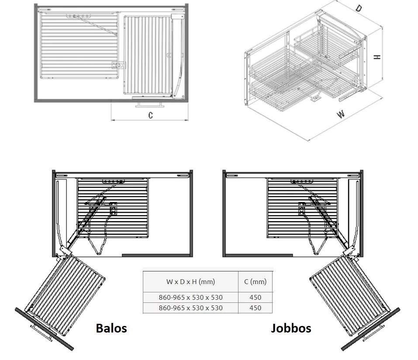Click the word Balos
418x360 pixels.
[x=111, y=328]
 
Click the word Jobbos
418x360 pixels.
[x=291, y=328]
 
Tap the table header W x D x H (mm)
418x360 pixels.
[x=190, y=282]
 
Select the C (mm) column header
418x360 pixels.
[x=255, y=282]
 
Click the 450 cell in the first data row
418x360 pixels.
[x=255, y=297]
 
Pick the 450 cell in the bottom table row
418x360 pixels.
[x=255, y=308]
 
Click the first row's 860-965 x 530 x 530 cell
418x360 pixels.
[x=190, y=297]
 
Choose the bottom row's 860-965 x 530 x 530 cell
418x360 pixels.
[x=190, y=308]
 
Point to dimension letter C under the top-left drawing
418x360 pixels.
[x=151, y=115]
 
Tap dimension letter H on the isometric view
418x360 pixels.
[x=377, y=57]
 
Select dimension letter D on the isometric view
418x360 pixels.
[x=359, y=8]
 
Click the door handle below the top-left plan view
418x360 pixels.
[x=149, y=104]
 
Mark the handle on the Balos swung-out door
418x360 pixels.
[x=41, y=333]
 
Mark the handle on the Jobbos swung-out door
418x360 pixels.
[x=373, y=333]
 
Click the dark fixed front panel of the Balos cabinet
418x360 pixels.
[x=157, y=255]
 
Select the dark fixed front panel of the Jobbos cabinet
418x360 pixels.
[x=258, y=255]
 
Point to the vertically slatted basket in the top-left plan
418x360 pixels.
[x=148, y=55]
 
